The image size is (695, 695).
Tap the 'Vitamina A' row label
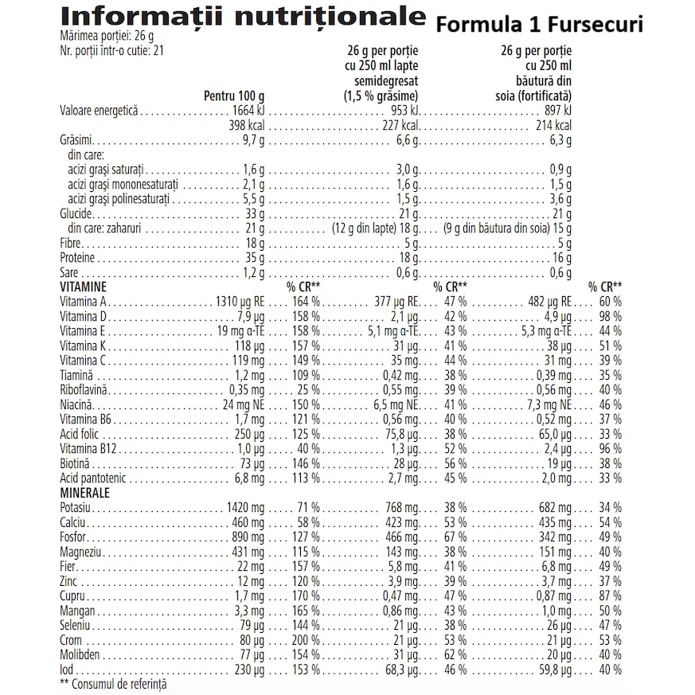coord(83,302)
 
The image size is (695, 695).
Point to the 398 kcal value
coord(250,125)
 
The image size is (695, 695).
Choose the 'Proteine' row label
coord(77,258)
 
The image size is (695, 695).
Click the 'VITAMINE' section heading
coord(84,286)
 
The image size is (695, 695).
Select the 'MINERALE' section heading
coord(84,492)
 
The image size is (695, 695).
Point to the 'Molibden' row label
coord(80,654)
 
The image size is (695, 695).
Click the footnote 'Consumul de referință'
coord(119,683)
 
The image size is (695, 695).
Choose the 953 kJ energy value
coord(404,111)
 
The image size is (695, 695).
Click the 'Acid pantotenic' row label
coord(89,478)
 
